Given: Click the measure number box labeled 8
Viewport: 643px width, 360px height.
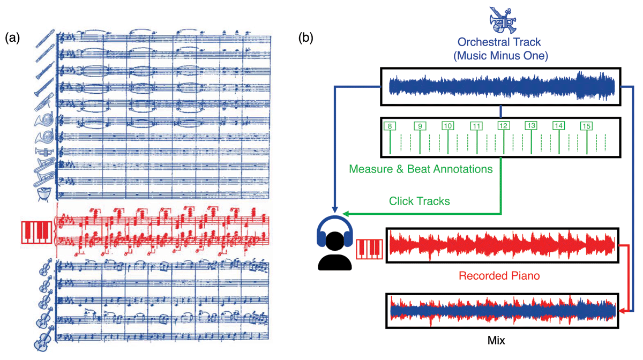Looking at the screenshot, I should coord(390,126).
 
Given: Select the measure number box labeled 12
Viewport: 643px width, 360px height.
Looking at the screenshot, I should coord(503,126).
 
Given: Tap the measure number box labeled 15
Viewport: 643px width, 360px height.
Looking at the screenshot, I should coord(586,126).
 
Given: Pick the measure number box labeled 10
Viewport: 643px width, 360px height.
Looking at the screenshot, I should coord(447,126).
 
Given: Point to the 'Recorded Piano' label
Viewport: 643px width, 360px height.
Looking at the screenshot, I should coord(499,276).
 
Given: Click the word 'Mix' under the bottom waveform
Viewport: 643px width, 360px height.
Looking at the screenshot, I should coord(496,340).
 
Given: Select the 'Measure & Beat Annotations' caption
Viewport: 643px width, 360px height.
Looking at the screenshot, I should coord(421,169).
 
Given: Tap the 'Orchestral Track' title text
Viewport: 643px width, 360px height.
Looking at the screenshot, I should coord(499,42).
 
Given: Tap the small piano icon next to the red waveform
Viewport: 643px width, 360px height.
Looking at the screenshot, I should coord(370,248).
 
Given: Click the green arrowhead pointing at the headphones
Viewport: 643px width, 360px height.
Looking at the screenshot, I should coord(346,214).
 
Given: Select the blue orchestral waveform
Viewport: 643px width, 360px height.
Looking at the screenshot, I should coord(500,86).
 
